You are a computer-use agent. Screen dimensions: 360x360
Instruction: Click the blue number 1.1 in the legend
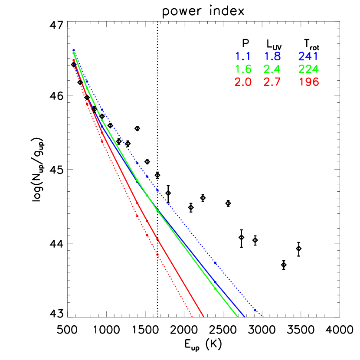click(243, 56)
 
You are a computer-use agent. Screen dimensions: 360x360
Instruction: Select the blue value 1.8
click(272, 56)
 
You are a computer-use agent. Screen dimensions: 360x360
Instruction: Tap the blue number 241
click(308, 56)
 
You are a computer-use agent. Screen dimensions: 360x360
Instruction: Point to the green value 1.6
click(243, 69)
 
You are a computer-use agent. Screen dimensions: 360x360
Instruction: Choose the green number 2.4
click(272, 69)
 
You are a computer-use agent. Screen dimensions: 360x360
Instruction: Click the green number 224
click(308, 69)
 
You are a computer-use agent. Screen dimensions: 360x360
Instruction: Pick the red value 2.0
click(243, 82)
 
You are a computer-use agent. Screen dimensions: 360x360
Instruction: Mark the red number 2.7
click(272, 82)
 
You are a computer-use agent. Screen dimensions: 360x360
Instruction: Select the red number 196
click(308, 82)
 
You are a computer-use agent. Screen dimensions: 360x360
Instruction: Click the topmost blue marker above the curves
click(74, 50)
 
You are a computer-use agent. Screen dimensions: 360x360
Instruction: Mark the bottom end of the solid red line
click(203, 317)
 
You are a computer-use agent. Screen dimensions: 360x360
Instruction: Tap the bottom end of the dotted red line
click(192, 317)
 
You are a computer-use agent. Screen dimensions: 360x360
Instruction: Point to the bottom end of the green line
click(238, 317)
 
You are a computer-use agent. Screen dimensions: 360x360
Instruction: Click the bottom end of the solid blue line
click(245, 317)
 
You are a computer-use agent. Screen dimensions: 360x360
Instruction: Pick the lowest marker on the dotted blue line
click(255, 310)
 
